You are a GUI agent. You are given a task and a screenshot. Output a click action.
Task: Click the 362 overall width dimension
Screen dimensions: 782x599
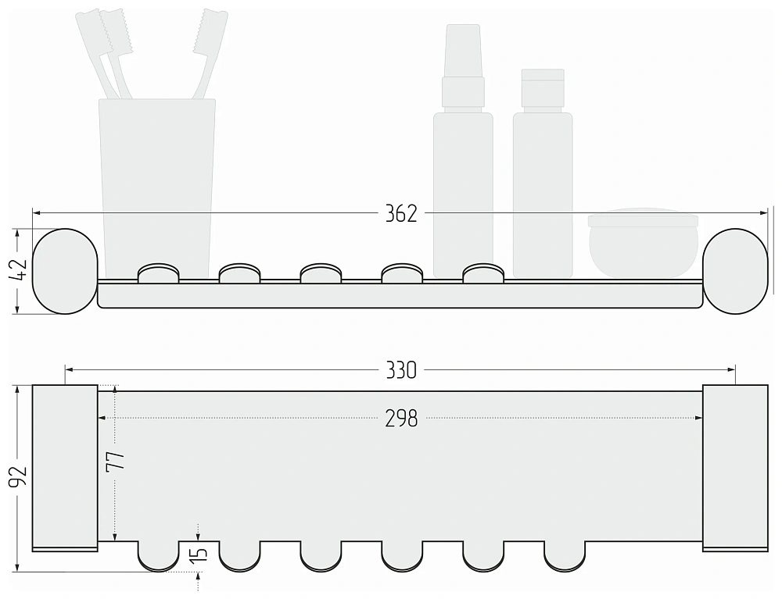pyautogui.click(x=401, y=214)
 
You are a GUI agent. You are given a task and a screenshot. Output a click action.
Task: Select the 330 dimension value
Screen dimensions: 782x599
pyautogui.click(x=401, y=370)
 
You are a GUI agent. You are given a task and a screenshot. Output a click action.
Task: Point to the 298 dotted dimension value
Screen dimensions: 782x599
pyautogui.click(x=401, y=419)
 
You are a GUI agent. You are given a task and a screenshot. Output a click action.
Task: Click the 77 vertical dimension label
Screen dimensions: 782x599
pyautogui.click(x=115, y=461)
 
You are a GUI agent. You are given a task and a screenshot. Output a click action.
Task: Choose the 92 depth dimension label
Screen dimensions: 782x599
pyautogui.click(x=19, y=477)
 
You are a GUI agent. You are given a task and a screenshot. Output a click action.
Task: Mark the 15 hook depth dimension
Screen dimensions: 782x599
pyautogui.click(x=199, y=554)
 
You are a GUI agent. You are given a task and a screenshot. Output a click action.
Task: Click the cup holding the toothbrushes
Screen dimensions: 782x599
pyautogui.click(x=157, y=188)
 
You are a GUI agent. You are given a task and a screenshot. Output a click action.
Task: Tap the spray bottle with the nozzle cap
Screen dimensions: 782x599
pyautogui.click(x=463, y=151)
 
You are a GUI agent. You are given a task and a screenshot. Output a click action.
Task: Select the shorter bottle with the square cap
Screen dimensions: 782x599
pyautogui.click(x=543, y=173)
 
